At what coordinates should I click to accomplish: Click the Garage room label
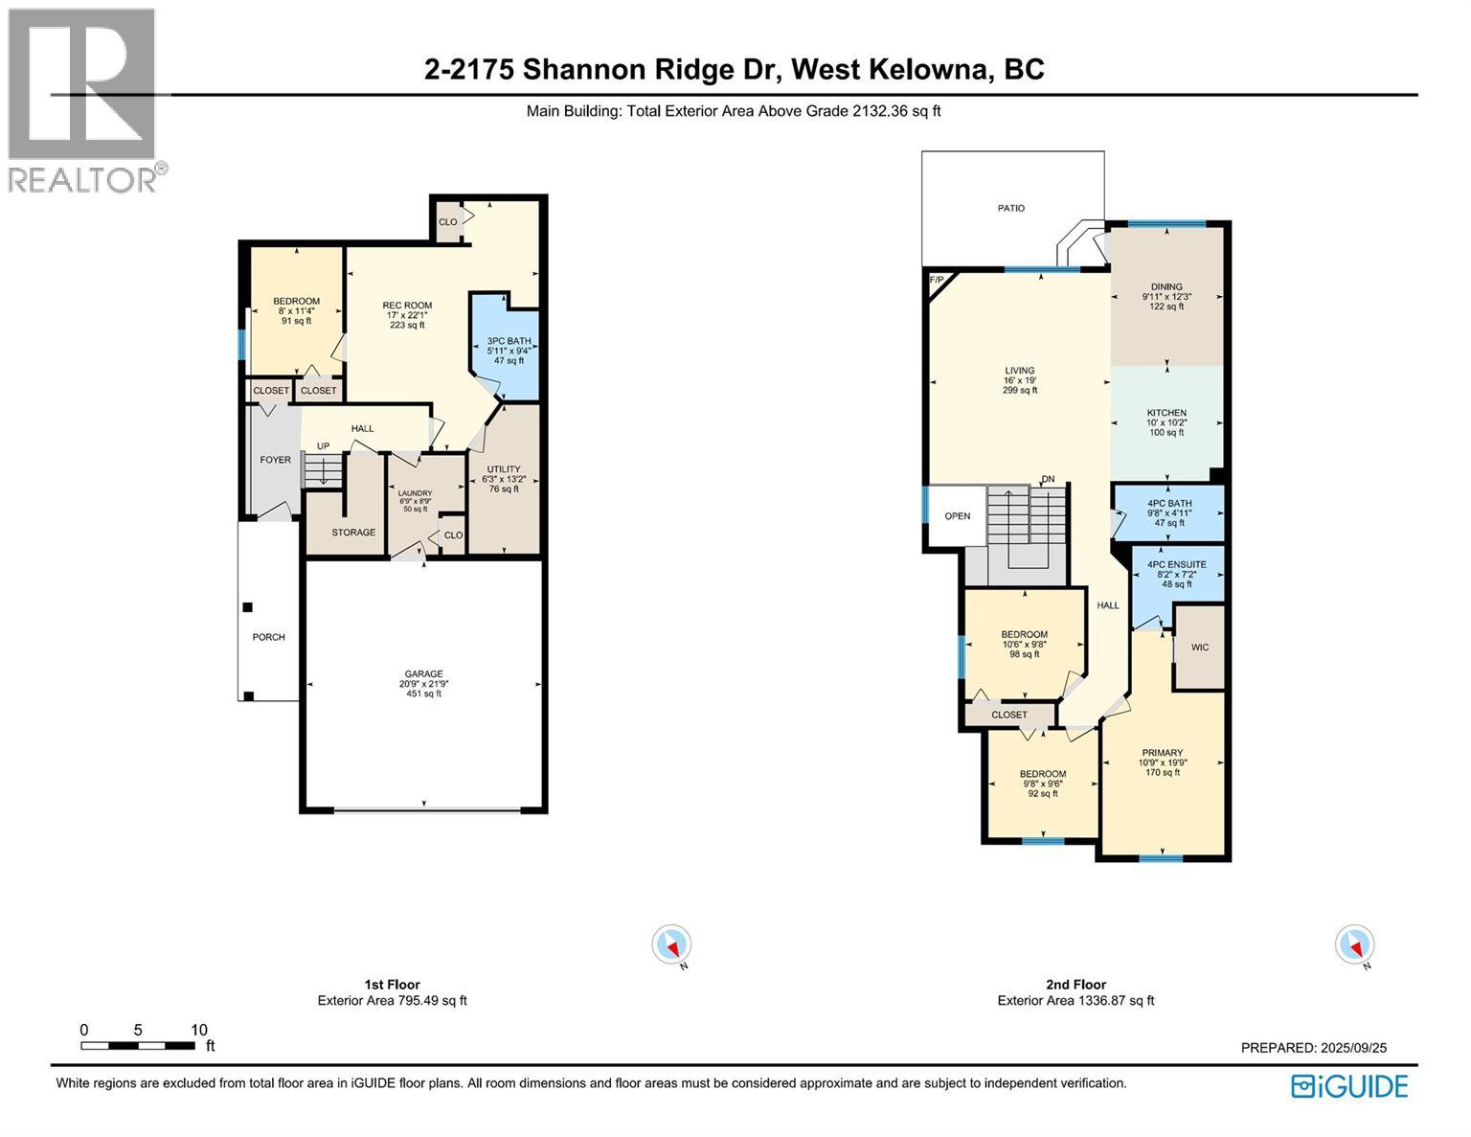point(423,683)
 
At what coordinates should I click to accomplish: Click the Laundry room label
point(415,500)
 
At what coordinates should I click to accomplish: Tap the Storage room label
point(353,533)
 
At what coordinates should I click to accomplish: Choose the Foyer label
point(275,460)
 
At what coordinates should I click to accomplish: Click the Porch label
point(268,637)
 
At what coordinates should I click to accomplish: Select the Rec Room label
point(407,314)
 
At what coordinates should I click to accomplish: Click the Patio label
point(1011,208)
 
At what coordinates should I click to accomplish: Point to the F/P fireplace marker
point(937,280)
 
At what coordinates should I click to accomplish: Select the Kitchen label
point(1166,422)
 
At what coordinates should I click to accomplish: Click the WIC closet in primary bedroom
point(1199,648)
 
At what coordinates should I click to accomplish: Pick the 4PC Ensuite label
point(1176,574)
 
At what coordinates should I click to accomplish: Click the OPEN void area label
point(957,516)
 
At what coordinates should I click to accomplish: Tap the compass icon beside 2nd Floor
point(1354,944)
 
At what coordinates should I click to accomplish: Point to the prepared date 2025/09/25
point(1313,1048)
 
